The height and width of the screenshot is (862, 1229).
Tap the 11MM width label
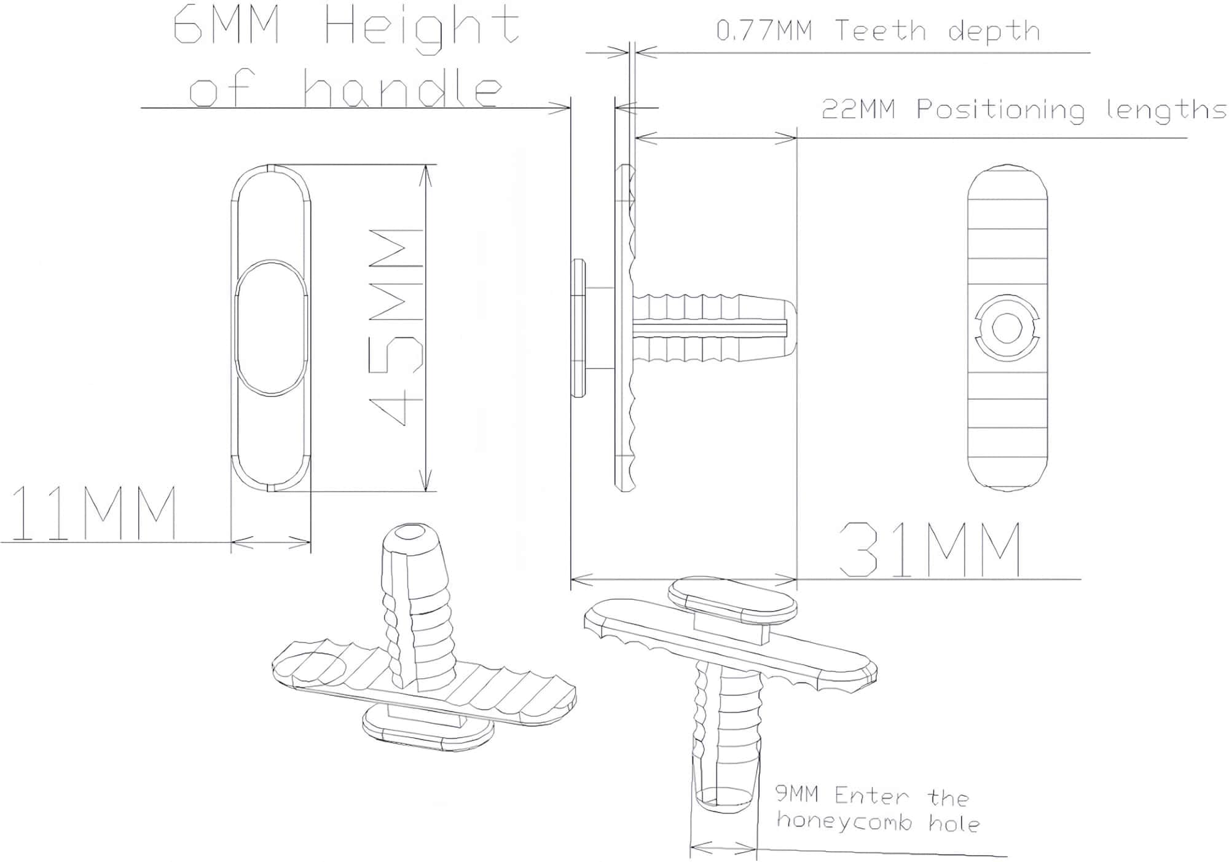tap(94, 513)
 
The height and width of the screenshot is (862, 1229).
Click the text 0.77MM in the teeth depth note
tap(764, 30)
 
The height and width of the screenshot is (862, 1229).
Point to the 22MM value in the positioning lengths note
tap(858, 109)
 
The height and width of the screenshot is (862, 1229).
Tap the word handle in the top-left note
tap(402, 89)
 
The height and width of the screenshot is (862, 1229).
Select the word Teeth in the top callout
tap(880, 30)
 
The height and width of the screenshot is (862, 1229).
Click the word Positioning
tap(1000, 111)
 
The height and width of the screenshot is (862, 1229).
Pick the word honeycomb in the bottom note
tap(844, 821)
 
